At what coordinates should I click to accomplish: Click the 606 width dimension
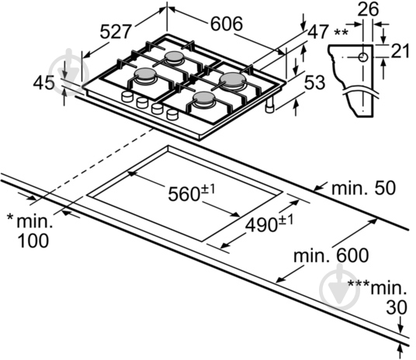[227, 24]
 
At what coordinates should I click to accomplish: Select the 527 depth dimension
[116, 32]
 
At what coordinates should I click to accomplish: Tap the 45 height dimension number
[44, 83]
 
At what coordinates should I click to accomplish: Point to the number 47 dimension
[318, 32]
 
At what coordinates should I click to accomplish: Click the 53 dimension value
[314, 82]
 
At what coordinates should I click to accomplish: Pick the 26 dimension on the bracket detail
[368, 9]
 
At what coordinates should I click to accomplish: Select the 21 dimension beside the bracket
[400, 50]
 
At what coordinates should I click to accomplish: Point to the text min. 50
[363, 188]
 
